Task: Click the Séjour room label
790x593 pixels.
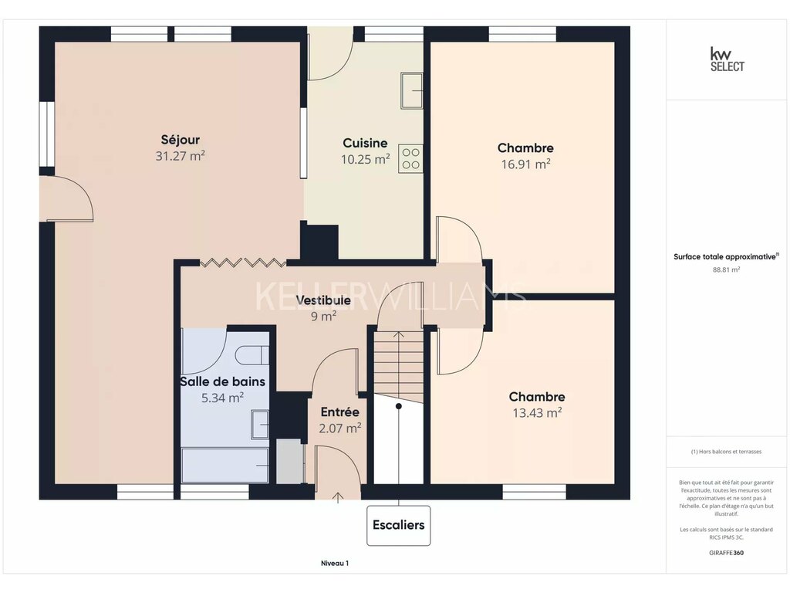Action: click(x=181, y=140)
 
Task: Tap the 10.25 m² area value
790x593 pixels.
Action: click(x=365, y=159)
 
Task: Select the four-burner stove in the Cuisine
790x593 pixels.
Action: click(x=410, y=159)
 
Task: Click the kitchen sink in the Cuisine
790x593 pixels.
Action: click(x=412, y=91)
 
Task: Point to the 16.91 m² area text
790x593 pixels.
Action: click(x=525, y=164)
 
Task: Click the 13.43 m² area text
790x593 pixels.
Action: click(x=537, y=413)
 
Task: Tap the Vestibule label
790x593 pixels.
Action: click(x=323, y=300)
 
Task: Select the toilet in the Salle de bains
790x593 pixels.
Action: click(x=252, y=355)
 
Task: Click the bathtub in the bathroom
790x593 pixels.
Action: click(x=225, y=465)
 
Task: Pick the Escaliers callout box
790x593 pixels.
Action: click(x=399, y=525)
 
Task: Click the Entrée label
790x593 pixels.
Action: click(x=340, y=412)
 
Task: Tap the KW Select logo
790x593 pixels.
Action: click(x=727, y=59)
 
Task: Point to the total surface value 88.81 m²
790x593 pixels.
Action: click(x=726, y=269)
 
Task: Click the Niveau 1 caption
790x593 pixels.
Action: click(x=335, y=563)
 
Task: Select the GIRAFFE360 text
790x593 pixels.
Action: click(x=726, y=553)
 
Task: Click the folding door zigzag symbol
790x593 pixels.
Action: click(x=243, y=263)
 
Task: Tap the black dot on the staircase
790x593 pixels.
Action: click(x=399, y=406)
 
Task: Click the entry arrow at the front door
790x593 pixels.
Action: click(x=338, y=498)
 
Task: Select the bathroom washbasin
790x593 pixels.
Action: click(x=259, y=425)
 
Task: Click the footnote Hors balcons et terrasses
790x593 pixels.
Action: click(x=726, y=452)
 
